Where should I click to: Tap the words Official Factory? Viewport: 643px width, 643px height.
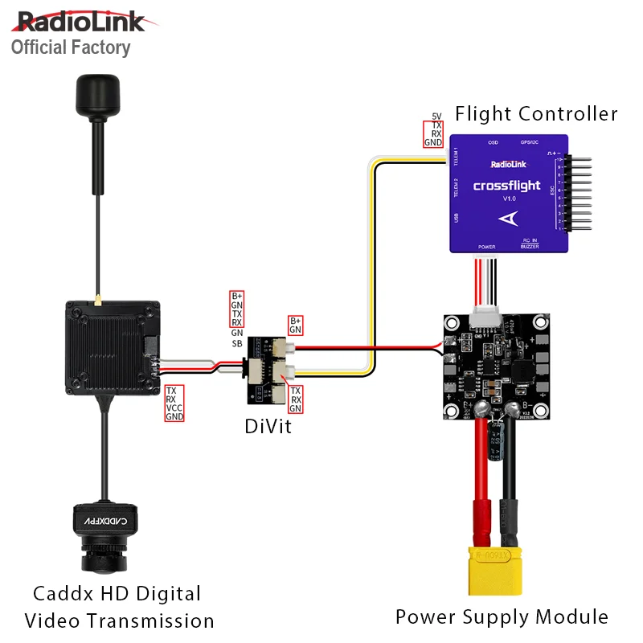click(71, 47)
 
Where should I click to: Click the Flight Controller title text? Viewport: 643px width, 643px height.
click(536, 113)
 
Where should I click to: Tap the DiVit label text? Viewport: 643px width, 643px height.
click(268, 428)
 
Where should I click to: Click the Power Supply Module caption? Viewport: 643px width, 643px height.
click(502, 617)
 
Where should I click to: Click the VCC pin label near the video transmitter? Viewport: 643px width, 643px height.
click(174, 408)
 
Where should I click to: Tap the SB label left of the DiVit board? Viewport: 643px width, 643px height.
click(237, 343)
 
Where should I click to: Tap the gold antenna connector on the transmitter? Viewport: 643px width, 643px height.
click(95, 303)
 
